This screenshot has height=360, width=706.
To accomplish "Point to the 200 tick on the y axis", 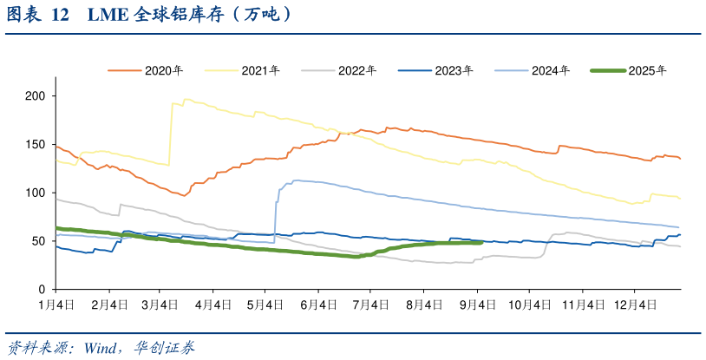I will [35, 95].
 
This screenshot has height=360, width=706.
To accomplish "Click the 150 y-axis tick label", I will [35, 144].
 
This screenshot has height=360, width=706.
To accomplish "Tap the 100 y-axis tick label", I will [35, 193].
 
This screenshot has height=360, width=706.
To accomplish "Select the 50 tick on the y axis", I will [38, 241].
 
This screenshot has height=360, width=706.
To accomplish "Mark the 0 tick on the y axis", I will [42, 290].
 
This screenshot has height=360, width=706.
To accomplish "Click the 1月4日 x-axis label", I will [56, 304].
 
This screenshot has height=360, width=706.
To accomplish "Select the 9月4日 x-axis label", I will [479, 304].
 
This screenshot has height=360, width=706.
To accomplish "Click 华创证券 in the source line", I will [165, 348].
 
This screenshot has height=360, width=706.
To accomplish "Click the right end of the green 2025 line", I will [480, 243].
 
